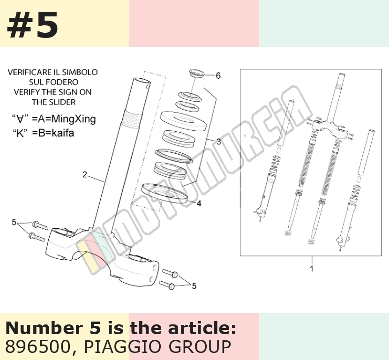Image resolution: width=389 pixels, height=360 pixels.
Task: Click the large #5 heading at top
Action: point(32,25)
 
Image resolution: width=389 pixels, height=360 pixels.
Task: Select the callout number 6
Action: point(218,75)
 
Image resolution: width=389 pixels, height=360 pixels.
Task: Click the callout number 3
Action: point(218,142)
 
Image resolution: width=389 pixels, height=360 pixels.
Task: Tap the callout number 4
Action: point(199,204)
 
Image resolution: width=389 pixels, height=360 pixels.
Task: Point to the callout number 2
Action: point(85,175)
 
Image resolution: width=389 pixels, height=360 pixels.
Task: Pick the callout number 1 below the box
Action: point(312,269)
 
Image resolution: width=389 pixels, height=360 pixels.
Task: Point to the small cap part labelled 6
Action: point(196,74)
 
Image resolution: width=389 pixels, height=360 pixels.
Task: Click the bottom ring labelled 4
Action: point(164,194)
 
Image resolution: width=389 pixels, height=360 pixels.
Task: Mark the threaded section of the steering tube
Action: point(132,119)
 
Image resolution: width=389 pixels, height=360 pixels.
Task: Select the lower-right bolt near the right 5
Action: point(167,285)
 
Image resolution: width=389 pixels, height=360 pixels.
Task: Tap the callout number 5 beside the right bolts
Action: point(194,286)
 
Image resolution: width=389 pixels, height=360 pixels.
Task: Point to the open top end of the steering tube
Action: point(142,82)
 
